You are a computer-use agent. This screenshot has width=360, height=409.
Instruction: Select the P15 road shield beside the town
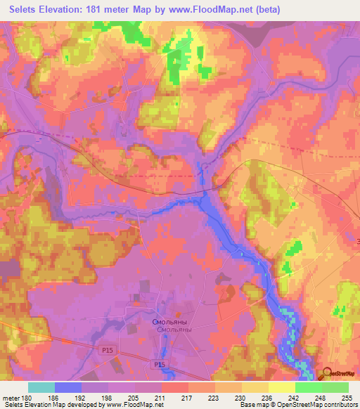[160, 364]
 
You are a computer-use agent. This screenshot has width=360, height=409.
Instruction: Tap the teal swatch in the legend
[41, 387]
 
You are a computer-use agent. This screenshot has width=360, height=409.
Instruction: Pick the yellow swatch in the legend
[282, 387]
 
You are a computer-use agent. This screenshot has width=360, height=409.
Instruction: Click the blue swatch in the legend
[68, 387]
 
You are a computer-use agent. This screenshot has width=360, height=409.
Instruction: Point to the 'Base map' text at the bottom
[252, 405]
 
